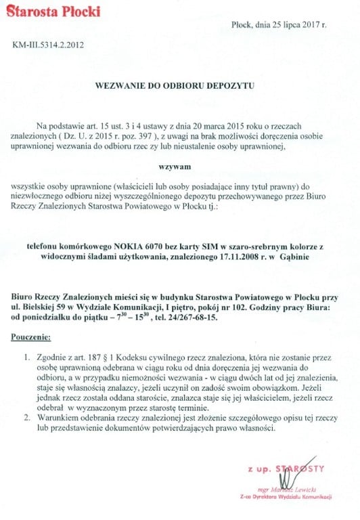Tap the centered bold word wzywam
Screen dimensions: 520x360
[x=179, y=165]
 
